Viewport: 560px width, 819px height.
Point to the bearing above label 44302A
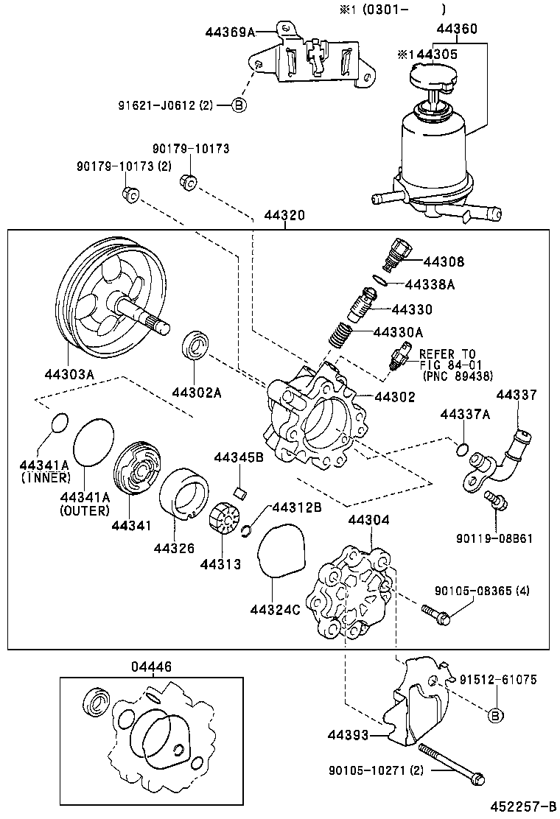196,347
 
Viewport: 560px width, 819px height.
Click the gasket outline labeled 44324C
281,549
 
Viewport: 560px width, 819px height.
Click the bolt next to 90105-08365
435,614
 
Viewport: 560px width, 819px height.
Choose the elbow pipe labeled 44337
510,448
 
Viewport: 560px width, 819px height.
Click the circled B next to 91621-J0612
239,105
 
